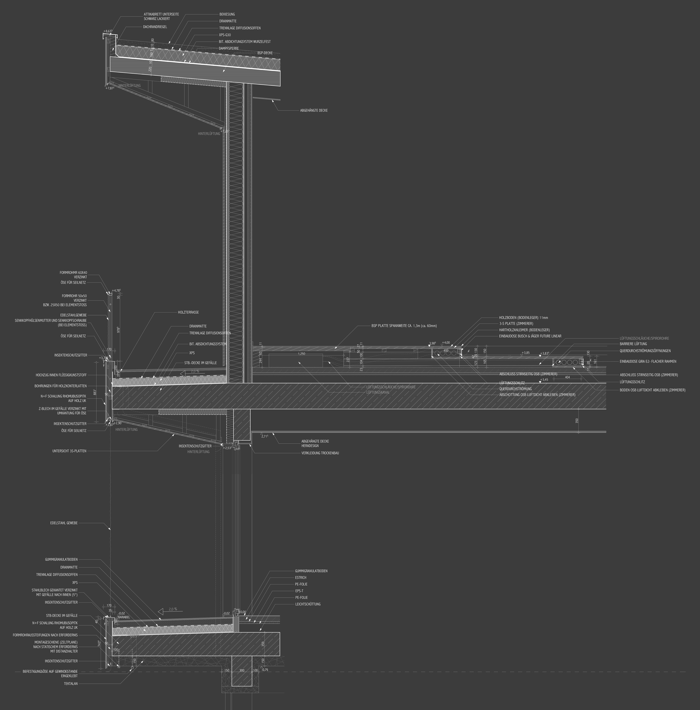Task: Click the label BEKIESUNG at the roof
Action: click(227, 14)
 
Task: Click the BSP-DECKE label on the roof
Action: click(265, 53)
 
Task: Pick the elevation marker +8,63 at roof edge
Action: click(108, 31)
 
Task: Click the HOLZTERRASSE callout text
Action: click(188, 312)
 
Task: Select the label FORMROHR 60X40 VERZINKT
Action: click(73, 275)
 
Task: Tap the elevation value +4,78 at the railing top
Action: click(116, 290)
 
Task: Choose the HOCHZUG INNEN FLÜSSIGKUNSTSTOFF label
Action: click(61, 375)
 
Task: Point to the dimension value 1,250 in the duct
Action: click(302, 354)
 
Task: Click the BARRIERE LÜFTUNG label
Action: click(633, 344)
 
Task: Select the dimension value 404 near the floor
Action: click(567, 377)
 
